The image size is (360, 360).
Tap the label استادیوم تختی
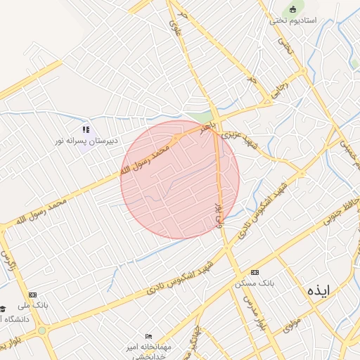[292, 20]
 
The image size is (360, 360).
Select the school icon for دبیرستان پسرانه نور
[86, 129]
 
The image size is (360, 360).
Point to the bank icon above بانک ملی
[32, 295]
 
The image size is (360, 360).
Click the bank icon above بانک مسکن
[255, 272]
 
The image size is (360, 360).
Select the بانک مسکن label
[255, 283]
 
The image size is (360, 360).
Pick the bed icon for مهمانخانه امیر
[148, 336]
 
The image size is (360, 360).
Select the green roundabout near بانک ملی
[41, 330]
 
